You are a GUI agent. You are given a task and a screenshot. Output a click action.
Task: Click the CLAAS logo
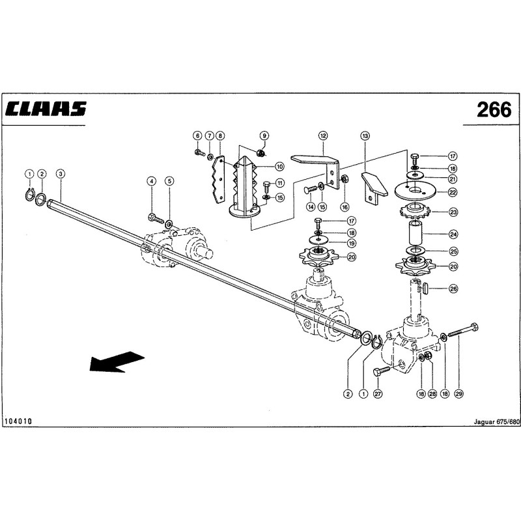(x=46, y=109)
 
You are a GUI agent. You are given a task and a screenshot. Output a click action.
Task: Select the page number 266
(x=494, y=109)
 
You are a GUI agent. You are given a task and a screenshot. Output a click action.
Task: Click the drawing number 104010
(x=18, y=421)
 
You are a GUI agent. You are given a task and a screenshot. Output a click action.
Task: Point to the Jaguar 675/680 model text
(x=496, y=421)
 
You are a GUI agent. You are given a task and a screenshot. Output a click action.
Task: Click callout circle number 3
(x=61, y=173)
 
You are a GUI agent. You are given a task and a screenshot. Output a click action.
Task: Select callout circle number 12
(x=323, y=135)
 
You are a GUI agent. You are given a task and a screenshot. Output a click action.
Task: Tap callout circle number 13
(x=365, y=135)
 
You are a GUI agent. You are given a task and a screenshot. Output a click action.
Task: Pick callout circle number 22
(x=453, y=192)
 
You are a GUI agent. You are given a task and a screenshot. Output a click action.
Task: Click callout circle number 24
(x=453, y=234)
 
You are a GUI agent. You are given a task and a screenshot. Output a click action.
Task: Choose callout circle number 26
(x=453, y=289)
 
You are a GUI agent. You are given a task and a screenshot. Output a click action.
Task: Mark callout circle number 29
(x=459, y=394)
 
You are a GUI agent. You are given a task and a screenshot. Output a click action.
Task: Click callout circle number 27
(x=378, y=394)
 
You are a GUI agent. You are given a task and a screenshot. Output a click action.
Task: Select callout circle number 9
(x=264, y=135)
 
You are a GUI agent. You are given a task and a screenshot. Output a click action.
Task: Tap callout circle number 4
(x=152, y=181)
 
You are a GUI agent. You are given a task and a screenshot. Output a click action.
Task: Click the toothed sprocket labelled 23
(x=415, y=211)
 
